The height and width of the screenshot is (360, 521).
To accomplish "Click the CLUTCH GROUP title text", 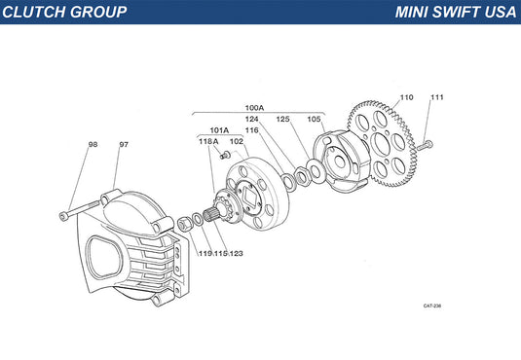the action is pos(64,12).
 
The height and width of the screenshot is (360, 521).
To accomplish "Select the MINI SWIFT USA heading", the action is pos(456,12).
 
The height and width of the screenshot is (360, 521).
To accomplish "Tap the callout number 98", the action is pos(93,144).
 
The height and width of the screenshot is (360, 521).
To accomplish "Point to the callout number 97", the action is pos(124,144).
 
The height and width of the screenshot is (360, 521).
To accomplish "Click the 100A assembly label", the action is pos(254,108).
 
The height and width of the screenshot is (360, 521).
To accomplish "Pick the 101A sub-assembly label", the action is pos(219,130).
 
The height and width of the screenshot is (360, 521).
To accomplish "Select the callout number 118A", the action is pos(208,141).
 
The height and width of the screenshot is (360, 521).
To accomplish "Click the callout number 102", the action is pos(237,141).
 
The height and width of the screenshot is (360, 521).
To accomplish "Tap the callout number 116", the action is pos(252,130).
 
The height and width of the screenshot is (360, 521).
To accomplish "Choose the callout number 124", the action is pos(252,119).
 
